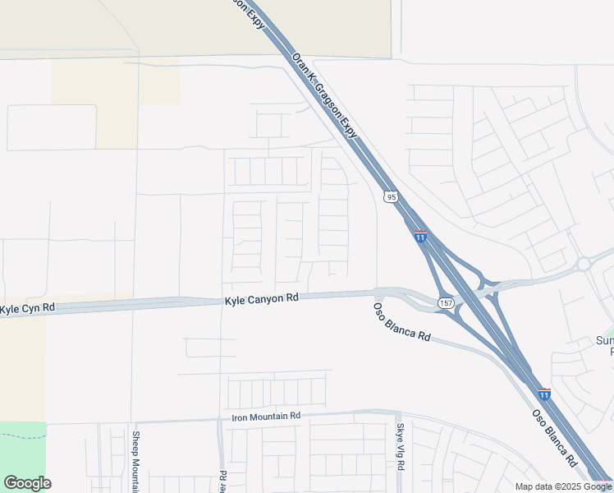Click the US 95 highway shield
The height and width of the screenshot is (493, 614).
pyautogui.click(x=391, y=196)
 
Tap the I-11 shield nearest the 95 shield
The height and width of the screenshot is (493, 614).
pyautogui.click(x=420, y=237)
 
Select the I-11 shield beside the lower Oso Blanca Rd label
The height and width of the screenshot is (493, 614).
pyautogui.click(x=544, y=394)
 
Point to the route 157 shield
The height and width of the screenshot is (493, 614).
pyautogui.click(x=445, y=302)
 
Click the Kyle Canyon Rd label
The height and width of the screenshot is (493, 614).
pyautogui.click(x=261, y=301)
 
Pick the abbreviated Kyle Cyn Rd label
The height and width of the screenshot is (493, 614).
pyautogui.click(x=27, y=308)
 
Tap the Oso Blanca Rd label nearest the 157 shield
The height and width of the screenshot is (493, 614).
pyautogui.click(x=401, y=322)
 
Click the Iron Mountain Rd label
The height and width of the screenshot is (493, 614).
pyautogui.click(x=266, y=417)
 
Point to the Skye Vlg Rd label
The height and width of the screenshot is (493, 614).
pyautogui.click(x=401, y=447)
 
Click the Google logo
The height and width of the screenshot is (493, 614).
pyautogui.click(x=27, y=483)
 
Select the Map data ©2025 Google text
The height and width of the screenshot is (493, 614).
pyautogui.click(x=563, y=486)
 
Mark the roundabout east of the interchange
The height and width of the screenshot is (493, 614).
pyautogui.click(x=584, y=264)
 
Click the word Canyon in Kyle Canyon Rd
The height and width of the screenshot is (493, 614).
pyautogui.click(x=265, y=301)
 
